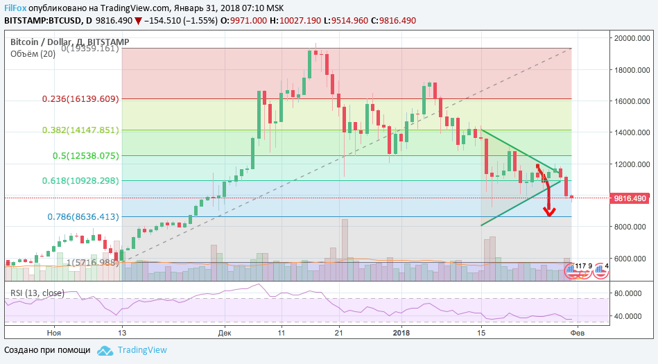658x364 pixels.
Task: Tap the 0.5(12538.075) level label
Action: (x=85, y=156)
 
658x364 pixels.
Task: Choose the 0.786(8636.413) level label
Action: (x=83, y=216)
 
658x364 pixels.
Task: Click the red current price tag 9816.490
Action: (x=631, y=198)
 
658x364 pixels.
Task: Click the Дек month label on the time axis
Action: (x=224, y=333)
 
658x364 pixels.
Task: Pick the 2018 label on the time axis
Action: (x=402, y=333)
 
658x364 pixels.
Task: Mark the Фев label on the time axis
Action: (x=576, y=333)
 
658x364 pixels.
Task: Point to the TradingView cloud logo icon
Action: (x=105, y=350)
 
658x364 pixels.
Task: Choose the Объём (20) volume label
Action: (x=33, y=54)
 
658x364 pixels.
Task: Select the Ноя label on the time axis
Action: (x=53, y=333)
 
